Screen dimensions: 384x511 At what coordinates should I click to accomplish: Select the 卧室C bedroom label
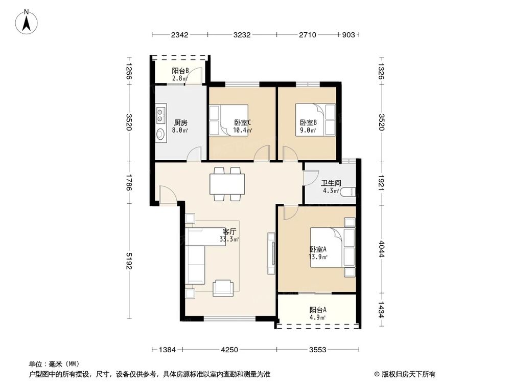(x=242, y=123)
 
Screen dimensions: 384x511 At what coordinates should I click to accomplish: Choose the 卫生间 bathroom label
(x=331, y=183)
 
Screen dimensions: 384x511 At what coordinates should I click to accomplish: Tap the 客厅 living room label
(x=229, y=231)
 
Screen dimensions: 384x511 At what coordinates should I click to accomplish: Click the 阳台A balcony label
(x=318, y=310)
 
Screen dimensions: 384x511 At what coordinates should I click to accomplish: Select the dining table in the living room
(x=227, y=184)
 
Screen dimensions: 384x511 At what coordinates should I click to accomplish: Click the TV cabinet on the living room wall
(x=271, y=253)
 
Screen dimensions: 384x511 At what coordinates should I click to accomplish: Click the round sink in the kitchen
(x=160, y=135)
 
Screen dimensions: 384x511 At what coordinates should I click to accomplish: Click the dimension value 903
(x=348, y=35)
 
